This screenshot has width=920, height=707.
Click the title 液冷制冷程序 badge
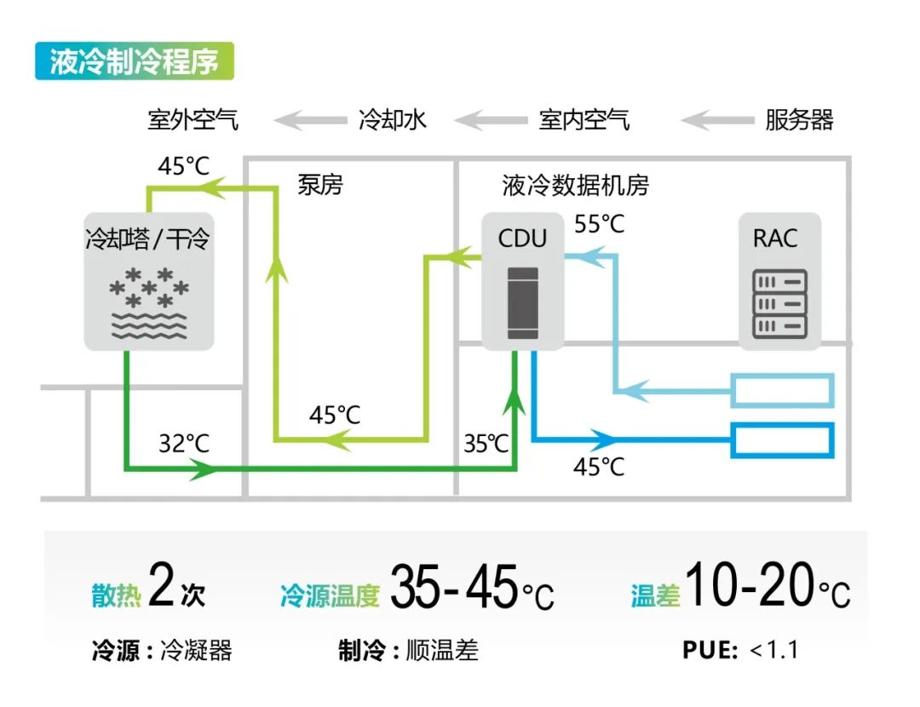[x=135, y=61]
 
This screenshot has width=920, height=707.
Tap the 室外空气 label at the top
[x=193, y=120]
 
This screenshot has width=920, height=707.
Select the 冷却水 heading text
[x=392, y=120]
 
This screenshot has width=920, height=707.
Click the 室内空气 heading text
[x=584, y=120]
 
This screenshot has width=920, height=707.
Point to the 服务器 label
[x=799, y=120]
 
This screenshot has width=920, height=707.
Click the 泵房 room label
[x=319, y=185]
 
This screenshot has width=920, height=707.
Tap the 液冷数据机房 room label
[x=575, y=186]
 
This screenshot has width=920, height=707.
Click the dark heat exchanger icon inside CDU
[x=523, y=302]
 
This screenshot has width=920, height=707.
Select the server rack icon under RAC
[x=779, y=304]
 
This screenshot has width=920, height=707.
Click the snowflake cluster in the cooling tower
[x=149, y=288]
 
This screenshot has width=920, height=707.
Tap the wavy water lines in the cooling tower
[x=149, y=325]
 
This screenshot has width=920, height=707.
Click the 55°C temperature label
[x=599, y=224]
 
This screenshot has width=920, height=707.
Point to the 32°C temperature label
[x=184, y=444]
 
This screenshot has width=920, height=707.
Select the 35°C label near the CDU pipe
[x=486, y=444]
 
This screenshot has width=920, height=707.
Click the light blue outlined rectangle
[x=782, y=390]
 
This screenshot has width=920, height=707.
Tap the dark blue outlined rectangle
[x=782, y=440]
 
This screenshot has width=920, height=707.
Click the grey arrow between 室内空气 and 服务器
[x=717, y=120]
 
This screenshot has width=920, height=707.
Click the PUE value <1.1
[x=773, y=649]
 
